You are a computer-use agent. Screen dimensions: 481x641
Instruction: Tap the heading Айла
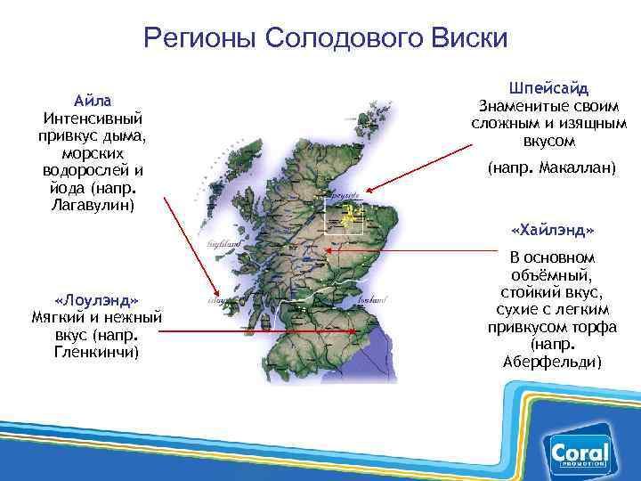tap(92, 100)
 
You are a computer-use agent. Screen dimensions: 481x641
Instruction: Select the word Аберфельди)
tap(553, 362)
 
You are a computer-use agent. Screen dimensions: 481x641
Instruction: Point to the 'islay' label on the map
tap(216, 301)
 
